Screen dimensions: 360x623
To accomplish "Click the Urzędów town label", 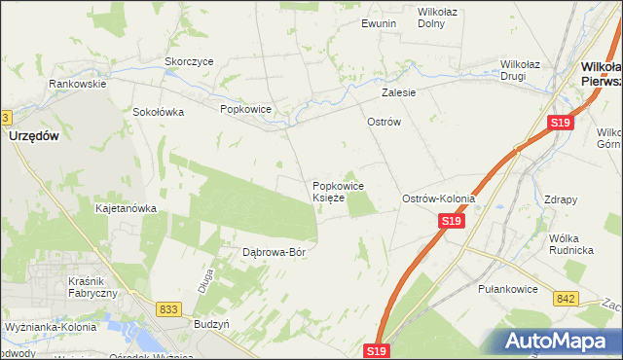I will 33,137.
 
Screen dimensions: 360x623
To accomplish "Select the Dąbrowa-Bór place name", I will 274,252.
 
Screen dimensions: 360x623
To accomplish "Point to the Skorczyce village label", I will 189,60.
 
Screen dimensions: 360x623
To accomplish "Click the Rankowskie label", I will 78,84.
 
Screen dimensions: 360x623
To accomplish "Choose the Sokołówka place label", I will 159,112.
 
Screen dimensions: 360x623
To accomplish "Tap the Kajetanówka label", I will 126,208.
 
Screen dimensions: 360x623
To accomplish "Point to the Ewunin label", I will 379,23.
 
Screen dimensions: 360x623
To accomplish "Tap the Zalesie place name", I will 398,93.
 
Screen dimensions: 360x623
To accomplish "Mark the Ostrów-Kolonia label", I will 438,198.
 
